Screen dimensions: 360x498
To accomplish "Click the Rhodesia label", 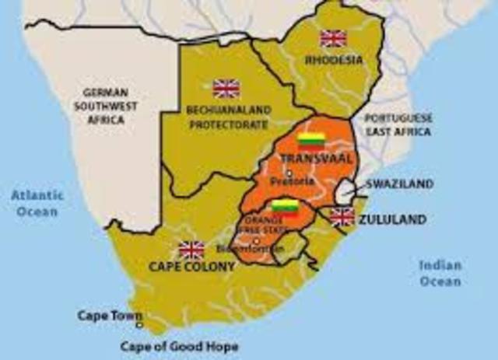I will [334, 59].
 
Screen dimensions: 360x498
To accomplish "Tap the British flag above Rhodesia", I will [333, 38].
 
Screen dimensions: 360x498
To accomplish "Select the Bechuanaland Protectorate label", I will [229, 116].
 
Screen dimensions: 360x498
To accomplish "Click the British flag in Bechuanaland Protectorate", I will [226, 88].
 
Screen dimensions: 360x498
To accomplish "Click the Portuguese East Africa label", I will [399, 124].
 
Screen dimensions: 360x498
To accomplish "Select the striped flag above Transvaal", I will [311, 141].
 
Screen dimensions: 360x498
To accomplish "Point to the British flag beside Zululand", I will [342, 217].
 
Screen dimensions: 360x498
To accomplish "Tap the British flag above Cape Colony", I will [191, 249].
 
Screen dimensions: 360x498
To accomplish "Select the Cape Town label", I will [109, 316].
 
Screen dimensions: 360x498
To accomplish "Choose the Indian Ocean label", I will [440, 272].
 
